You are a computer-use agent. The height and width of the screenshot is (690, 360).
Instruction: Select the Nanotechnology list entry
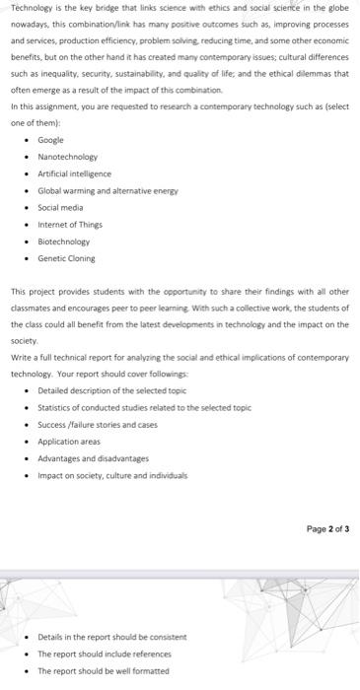pos(67,157)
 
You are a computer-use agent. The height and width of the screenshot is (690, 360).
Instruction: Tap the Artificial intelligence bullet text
pos(74,173)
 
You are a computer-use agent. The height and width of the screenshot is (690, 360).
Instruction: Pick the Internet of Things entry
pos(69,224)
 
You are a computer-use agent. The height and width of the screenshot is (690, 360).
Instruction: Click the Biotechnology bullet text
pos(63,241)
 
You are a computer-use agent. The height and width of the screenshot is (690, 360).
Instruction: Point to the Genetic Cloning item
pos(66,257)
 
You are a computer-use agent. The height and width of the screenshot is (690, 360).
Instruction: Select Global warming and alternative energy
pos(108,190)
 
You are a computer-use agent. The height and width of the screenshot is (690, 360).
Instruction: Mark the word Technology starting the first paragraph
pos(29,7)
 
